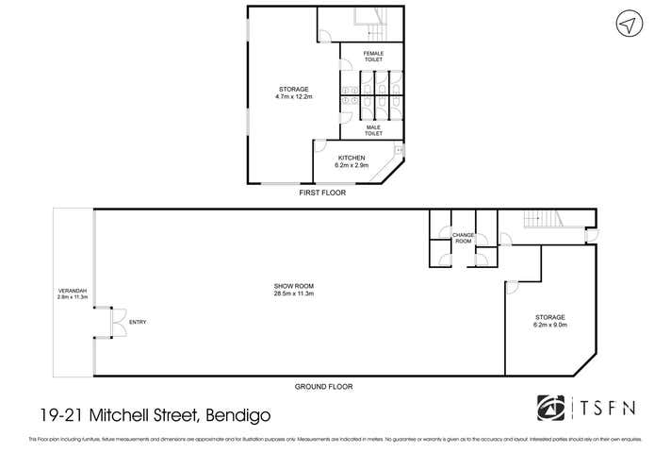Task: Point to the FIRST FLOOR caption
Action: pyautogui.click(x=321, y=193)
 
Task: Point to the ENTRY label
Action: pyautogui.click(x=138, y=323)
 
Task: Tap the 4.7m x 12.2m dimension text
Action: pyautogui.click(x=294, y=97)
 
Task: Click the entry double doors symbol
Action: pyautogui.click(x=109, y=322)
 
